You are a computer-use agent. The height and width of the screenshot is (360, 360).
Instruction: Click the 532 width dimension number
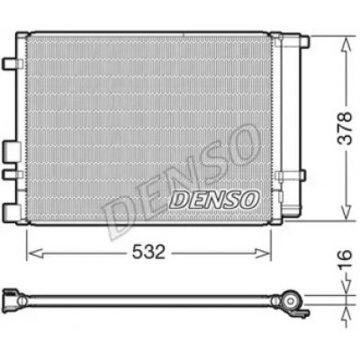[x=149, y=252]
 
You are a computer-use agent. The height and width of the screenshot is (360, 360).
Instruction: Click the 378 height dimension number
[x=345, y=129]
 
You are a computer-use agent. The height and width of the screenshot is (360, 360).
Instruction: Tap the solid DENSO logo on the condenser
[x=214, y=200]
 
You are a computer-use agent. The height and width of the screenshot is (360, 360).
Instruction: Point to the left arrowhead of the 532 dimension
[x=35, y=253]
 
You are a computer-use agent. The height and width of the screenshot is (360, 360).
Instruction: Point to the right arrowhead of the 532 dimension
[x=263, y=253]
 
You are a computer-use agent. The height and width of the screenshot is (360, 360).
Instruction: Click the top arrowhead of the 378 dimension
[x=346, y=46]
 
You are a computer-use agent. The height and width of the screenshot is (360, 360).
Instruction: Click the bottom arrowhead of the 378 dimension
[x=346, y=211]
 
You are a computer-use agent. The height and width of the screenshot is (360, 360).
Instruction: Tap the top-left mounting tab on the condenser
[x=13, y=64]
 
